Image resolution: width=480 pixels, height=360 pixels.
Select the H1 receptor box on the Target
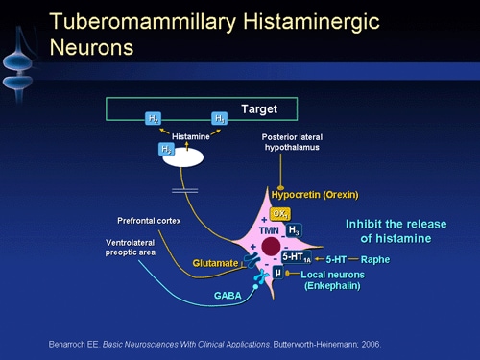pos(220,118)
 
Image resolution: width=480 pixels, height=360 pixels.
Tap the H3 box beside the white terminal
pos(165,150)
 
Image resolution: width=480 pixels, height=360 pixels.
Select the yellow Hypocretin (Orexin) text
pos(314,194)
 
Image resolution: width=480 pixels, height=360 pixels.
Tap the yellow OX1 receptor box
pos(279,213)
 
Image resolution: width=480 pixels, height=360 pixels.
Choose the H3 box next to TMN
pos(294,230)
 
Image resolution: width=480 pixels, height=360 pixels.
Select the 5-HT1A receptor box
pos(297,257)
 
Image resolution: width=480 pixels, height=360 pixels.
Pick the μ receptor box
pos(276,274)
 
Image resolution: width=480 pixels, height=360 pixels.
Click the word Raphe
pos(374,259)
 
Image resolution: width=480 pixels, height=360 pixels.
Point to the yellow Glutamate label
pos(214,262)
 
